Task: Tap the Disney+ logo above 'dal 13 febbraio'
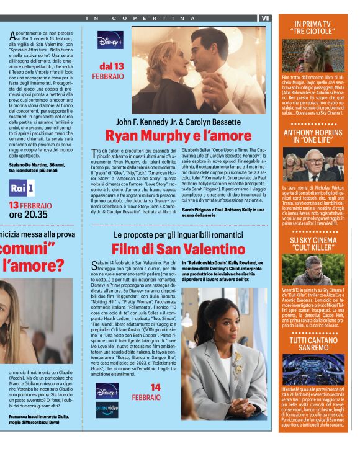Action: coord(109,40)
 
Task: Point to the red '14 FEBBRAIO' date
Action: coord(146,392)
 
